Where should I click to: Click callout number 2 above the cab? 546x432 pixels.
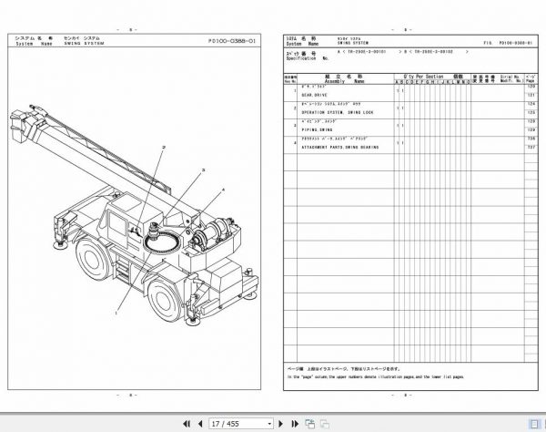click(x=164, y=148)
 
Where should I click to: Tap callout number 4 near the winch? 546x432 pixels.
click(x=220, y=190)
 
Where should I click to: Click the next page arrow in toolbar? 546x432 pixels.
click(x=295, y=423)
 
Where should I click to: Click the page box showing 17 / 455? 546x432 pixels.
click(x=238, y=423)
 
